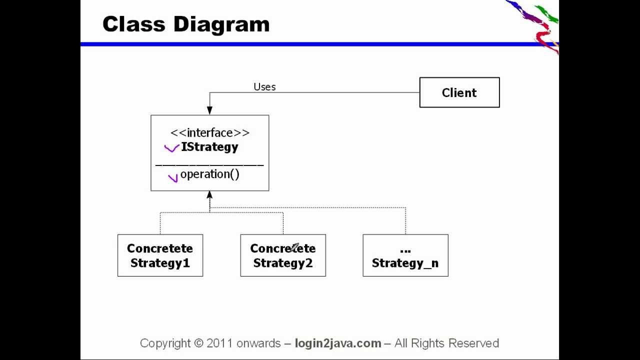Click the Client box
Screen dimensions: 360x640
459,92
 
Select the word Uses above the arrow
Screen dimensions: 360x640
264,87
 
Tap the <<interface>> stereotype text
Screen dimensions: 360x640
209,132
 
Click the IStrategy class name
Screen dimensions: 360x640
209,147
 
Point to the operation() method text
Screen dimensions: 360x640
209,174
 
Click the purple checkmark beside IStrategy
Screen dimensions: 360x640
171,148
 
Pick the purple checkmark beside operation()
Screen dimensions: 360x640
173,177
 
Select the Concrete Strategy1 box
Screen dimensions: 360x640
160,255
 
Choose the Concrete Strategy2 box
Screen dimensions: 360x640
282,255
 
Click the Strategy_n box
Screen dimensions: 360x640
405,255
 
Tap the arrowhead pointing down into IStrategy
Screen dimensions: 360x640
209,110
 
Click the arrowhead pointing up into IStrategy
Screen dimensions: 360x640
209,195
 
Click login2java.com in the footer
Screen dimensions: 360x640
338,343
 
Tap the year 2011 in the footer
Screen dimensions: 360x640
219,343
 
